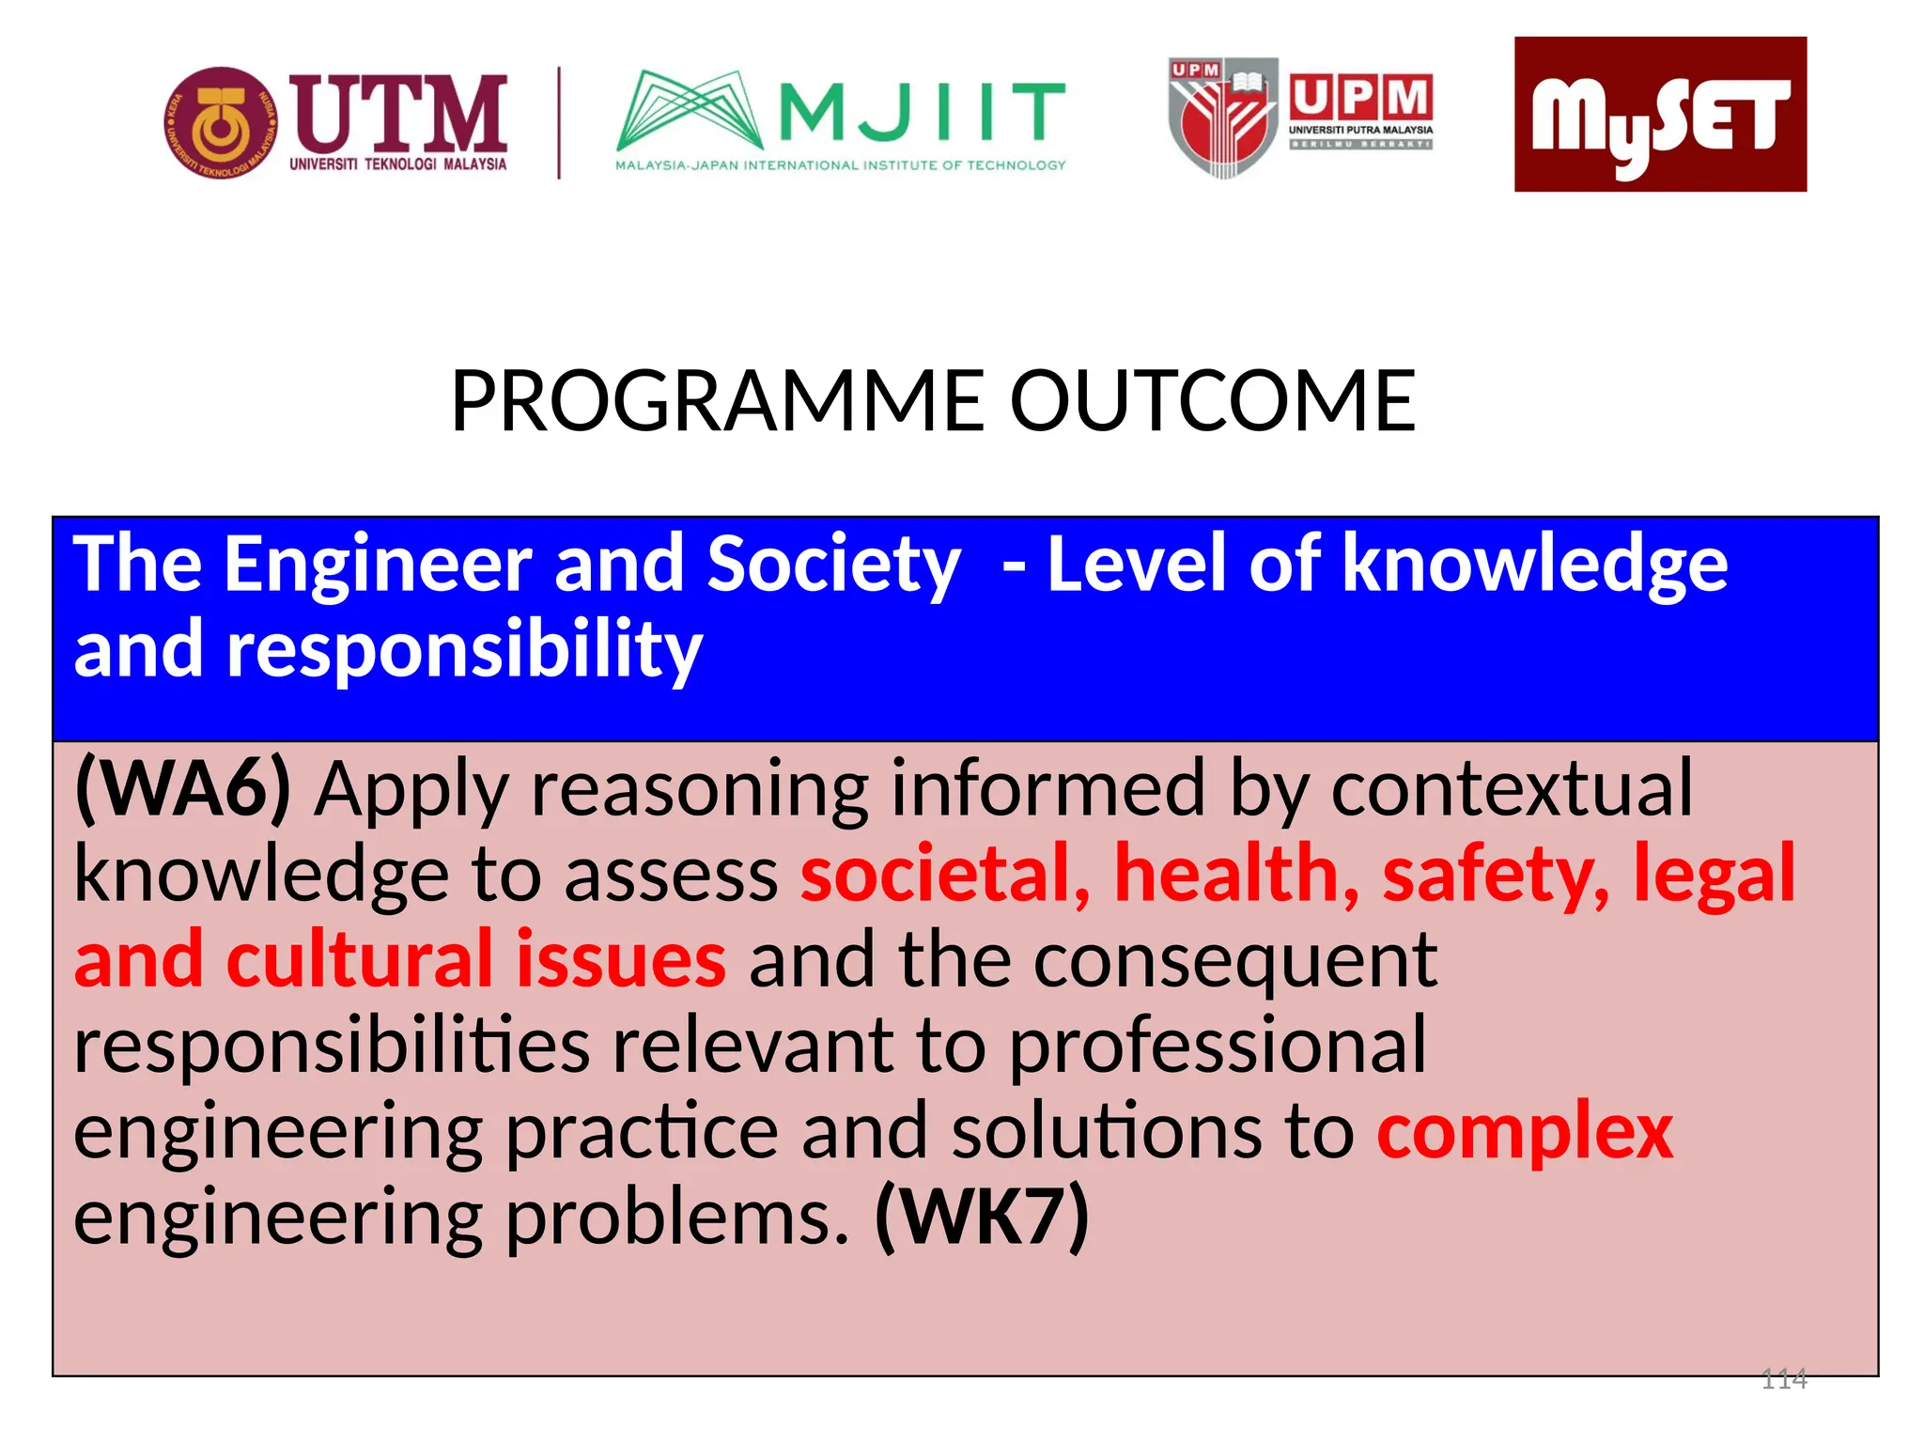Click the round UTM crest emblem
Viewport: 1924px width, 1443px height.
(x=221, y=123)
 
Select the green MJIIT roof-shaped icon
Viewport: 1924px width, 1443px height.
(x=689, y=111)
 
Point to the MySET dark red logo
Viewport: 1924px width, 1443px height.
(x=1659, y=115)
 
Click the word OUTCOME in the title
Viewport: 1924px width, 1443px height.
(x=1212, y=401)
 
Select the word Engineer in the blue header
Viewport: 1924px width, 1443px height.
(x=379, y=564)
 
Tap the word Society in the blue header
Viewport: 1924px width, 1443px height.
(x=833, y=564)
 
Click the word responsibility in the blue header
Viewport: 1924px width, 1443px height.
(x=464, y=650)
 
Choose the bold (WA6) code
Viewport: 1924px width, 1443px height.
(x=183, y=789)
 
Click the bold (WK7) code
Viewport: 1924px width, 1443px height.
(x=982, y=1217)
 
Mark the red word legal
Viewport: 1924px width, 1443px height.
(x=1714, y=874)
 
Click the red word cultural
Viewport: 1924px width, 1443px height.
(x=359, y=959)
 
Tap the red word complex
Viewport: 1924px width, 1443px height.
(x=1525, y=1131)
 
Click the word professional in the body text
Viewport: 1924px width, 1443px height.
(x=1218, y=1046)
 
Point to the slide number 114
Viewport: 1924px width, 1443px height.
(x=1783, y=1379)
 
